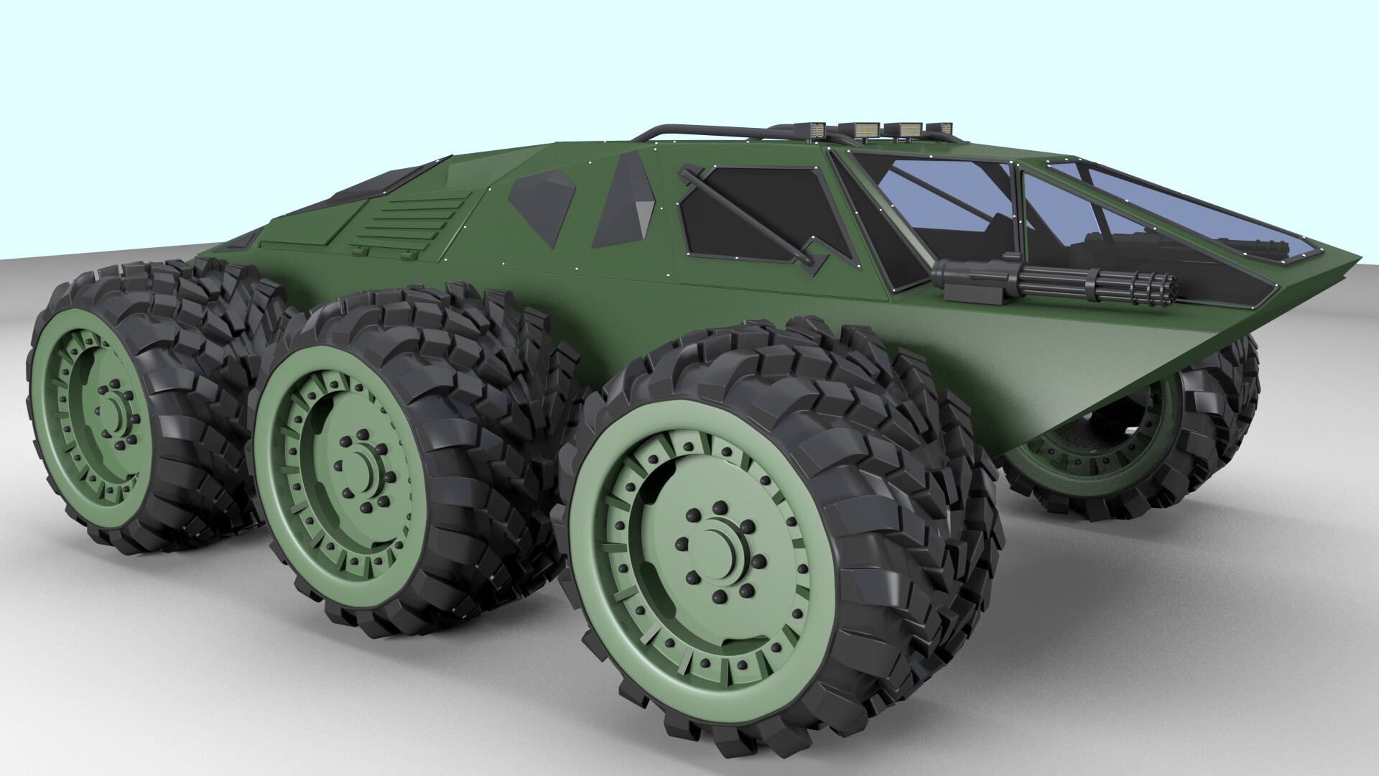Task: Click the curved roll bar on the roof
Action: (689, 131)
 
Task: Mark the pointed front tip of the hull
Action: (1360, 257)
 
